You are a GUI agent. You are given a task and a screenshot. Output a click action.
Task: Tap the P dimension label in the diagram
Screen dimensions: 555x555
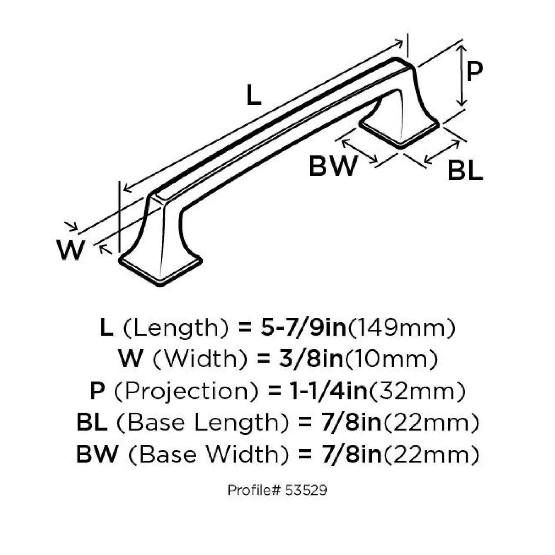[x=474, y=72]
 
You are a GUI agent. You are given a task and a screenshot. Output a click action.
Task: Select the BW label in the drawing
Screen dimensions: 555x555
[x=333, y=166]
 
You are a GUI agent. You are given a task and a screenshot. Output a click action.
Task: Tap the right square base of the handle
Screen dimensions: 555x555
[x=400, y=131]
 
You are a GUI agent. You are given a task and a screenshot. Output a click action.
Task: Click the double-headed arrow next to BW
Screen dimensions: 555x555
[x=359, y=150]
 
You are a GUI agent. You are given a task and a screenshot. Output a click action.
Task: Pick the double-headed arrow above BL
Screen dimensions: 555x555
[x=442, y=152]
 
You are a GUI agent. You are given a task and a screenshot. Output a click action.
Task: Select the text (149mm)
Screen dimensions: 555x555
[x=401, y=328]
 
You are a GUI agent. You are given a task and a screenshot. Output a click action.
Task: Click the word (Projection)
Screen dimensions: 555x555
[x=186, y=391]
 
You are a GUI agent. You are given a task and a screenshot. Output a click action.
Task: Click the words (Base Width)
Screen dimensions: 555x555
[x=209, y=454]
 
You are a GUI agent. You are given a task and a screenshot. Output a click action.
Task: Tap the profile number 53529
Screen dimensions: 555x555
[x=306, y=490]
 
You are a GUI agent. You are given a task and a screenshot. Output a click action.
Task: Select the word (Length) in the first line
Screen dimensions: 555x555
[x=176, y=328]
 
